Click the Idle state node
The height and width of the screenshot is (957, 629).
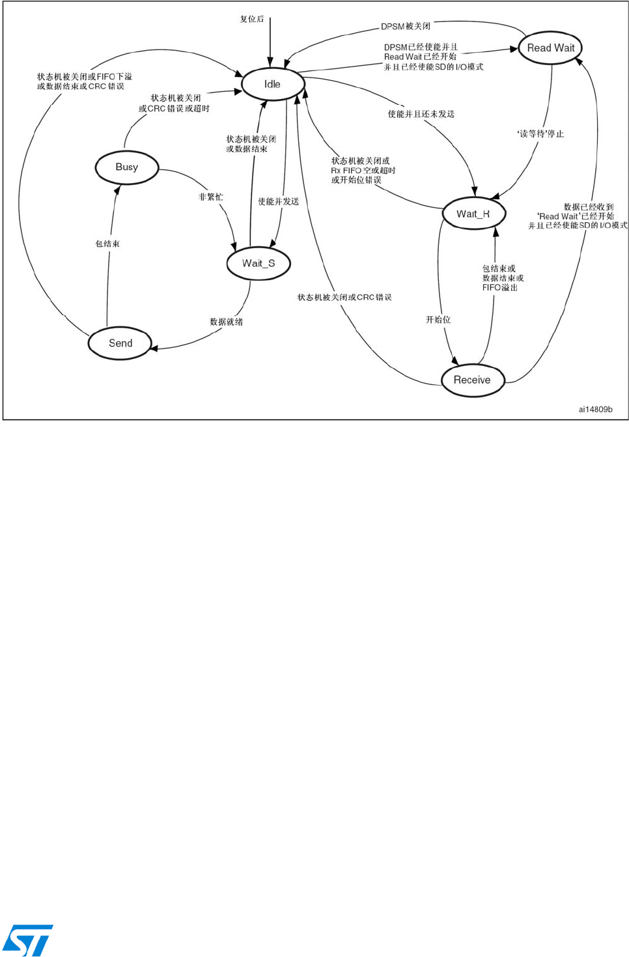pos(273,84)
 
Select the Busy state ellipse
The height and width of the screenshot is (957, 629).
pos(127,167)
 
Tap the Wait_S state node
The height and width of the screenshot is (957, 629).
pos(259,263)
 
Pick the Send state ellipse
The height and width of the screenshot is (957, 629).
pos(120,343)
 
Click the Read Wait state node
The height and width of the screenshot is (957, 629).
pos(550,48)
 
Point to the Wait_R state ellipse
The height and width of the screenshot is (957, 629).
pos(473,214)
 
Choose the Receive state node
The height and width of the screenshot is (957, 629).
pos(473,380)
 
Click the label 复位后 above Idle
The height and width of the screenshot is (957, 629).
pos(252,20)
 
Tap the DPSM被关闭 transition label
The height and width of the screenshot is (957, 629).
pos(406,27)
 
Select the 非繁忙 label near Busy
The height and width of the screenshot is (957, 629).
pos(210,197)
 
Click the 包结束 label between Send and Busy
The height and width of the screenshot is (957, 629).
pos(107,244)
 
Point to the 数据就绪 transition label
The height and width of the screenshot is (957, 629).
pos(226,322)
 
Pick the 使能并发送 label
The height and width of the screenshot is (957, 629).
pos(278,202)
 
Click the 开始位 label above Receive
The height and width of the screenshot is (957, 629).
pos(438,320)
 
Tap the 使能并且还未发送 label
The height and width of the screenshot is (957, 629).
pos(421,114)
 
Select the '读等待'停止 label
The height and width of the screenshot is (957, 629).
pos(540,134)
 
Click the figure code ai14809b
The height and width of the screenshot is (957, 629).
pos(595,409)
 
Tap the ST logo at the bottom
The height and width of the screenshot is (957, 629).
pos(27,939)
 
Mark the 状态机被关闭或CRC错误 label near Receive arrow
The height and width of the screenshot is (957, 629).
pos(344,298)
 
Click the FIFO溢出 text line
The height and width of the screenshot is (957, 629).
pos(499,287)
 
